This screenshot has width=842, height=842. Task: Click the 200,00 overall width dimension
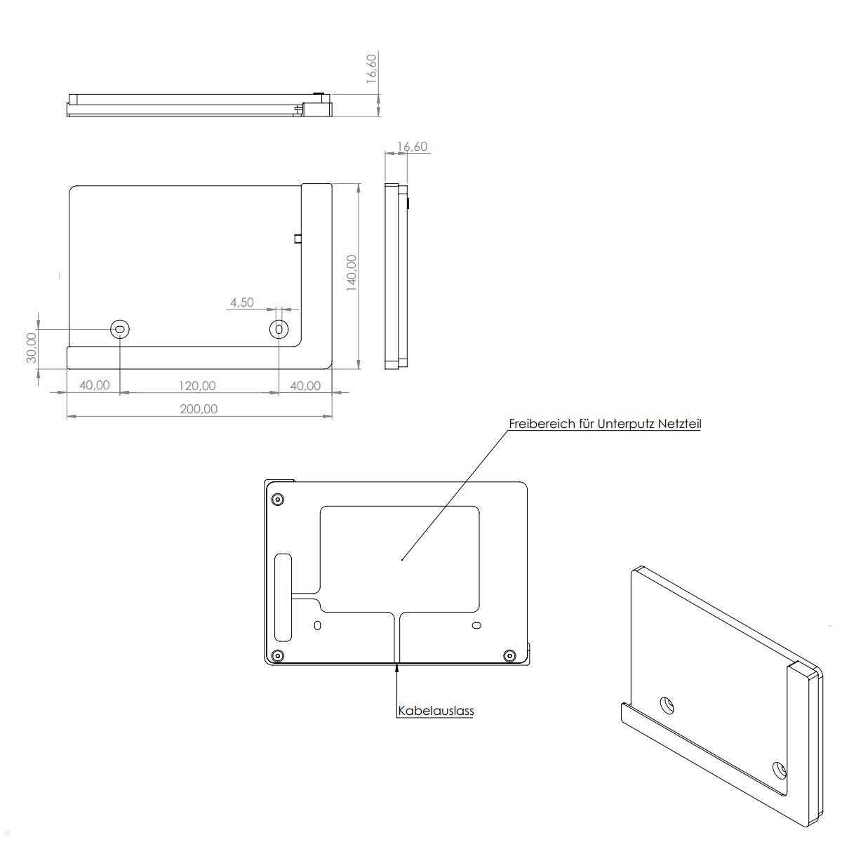coord(199,409)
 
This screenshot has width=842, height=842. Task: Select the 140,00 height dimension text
coord(352,272)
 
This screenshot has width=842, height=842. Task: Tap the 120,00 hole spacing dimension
coord(197,386)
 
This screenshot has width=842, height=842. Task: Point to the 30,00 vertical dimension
coord(32,347)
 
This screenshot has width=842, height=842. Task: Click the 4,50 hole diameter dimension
coord(241,302)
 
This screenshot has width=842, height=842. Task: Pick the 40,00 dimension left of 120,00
coord(94,386)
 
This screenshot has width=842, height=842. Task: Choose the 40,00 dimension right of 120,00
coord(305,386)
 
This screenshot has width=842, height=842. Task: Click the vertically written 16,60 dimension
coord(372,68)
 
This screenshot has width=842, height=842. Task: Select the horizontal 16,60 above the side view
coord(412,147)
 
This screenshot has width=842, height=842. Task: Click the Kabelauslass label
coord(436,711)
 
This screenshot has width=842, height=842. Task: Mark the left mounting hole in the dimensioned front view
coord(120,329)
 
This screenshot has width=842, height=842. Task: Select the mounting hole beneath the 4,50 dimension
coord(279,329)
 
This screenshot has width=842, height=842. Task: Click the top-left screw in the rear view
coord(278,500)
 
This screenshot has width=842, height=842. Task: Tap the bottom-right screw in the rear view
coord(510,656)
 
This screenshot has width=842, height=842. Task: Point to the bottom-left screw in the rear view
coord(278,656)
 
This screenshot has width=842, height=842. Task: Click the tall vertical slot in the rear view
coord(283,596)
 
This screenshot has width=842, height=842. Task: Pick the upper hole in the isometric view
coord(667,705)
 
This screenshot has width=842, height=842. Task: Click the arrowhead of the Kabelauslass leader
coord(398,668)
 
